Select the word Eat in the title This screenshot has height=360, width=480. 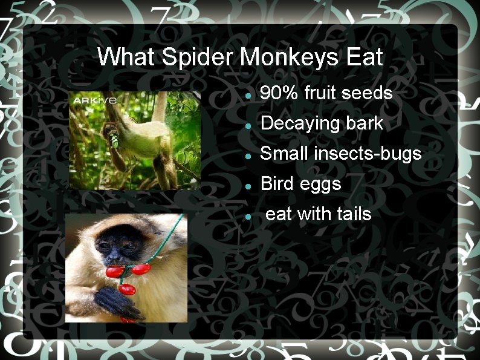365,58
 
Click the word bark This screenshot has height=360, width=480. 365,123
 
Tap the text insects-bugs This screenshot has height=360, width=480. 368,154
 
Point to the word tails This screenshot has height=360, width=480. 354,214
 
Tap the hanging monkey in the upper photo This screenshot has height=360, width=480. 136,136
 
